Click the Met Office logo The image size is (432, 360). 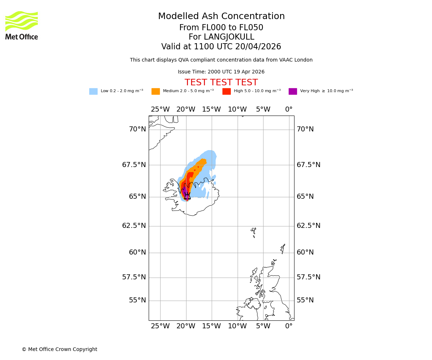coord(22,25)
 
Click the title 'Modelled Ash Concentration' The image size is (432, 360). coord(221,17)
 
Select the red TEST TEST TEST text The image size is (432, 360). coord(221,83)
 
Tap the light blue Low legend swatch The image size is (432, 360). coord(93,91)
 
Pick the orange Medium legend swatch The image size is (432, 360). coord(156,91)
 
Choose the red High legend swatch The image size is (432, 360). coord(226,91)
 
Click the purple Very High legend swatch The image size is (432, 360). coord(293,91)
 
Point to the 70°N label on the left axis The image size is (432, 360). coord(138,129)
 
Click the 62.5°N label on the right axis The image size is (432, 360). coord(305,226)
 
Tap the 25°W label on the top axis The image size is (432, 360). coord(160,109)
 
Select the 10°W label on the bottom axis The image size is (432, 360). coord(237,326)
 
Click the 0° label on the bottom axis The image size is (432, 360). coord(289,326)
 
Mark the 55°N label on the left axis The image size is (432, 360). coord(138,300)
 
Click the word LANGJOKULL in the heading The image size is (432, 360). coord(229,37)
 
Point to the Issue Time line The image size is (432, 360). coord(221,72)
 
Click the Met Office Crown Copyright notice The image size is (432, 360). coord(59,349)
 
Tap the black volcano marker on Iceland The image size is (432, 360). coord(187,196)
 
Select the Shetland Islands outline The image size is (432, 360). coord(283,248)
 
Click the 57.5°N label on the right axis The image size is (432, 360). coord(305,277)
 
